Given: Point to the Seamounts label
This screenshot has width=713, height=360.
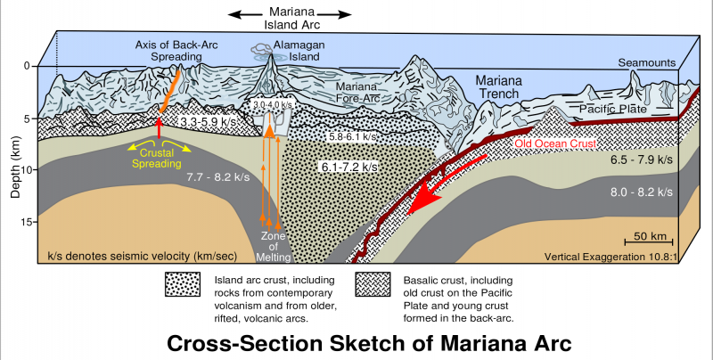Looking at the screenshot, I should pos(648,62).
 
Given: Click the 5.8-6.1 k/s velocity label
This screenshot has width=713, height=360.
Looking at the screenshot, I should pos(352,136).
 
